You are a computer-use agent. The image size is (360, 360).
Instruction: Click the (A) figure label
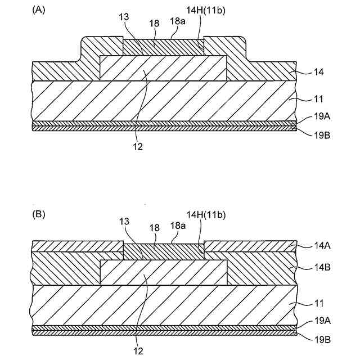coord(39,10)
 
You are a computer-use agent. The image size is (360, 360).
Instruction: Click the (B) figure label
coord(39,214)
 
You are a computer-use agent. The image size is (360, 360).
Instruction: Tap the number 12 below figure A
coord(138,147)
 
